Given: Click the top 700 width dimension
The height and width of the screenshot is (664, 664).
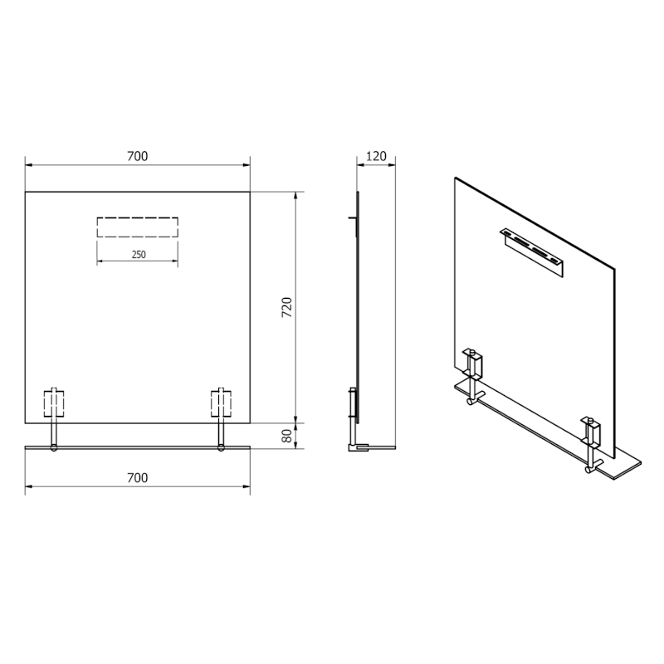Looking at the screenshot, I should [137, 156].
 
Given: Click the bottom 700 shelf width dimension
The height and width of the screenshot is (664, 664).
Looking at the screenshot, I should [137, 477].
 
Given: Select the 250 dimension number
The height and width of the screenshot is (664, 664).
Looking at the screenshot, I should [138, 255].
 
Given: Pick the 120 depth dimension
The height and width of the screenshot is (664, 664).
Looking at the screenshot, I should [376, 156].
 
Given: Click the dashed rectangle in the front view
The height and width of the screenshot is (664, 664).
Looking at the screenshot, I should [138, 227].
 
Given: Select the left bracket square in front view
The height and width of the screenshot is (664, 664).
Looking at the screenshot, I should [54, 403].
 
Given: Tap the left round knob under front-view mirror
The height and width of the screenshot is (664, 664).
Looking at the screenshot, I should [54, 448].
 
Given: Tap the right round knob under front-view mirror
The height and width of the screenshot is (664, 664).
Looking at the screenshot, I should [221, 448].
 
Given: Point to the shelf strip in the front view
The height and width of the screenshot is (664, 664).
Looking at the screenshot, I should [137, 449].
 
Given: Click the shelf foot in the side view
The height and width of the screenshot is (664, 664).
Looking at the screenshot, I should [361, 448].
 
